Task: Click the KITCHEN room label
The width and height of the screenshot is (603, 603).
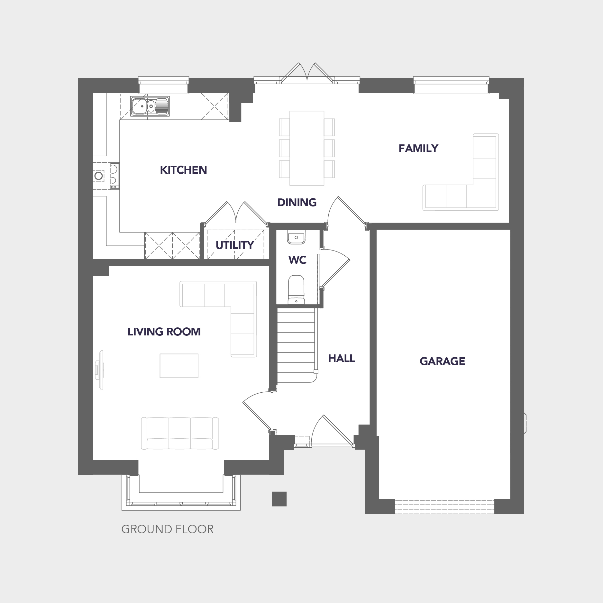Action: point(183,170)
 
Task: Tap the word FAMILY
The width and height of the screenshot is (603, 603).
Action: point(418,148)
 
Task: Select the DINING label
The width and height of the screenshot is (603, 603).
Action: point(297,202)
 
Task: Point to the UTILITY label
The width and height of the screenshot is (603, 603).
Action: point(235,245)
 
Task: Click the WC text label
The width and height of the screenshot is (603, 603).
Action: point(297,260)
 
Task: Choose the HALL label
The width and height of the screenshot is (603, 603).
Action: point(342,358)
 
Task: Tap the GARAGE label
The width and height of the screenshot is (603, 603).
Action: point(443,361)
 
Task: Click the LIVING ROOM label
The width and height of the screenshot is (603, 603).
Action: point(164,332)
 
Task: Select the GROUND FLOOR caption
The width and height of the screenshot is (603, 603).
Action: point(167,529)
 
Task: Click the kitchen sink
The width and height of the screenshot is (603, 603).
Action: point(150,106)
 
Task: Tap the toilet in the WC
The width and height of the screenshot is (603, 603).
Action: point(296,289)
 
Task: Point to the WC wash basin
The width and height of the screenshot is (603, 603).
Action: point(296,237)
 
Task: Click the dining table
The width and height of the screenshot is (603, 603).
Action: point(307,148)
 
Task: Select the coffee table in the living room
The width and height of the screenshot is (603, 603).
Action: point(179,366)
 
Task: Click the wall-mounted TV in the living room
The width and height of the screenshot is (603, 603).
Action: point(100,370)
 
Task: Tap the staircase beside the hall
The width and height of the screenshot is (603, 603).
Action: point(296,345)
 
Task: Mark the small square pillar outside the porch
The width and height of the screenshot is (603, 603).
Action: point(279,499)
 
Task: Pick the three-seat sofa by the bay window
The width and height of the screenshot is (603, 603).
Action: point(180,433)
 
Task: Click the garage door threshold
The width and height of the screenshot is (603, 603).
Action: point(444,507)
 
